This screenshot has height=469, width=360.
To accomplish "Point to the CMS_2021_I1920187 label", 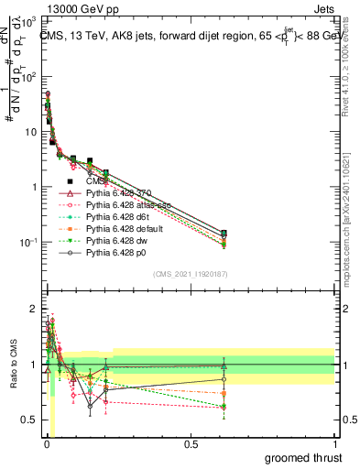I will (x=189, y=273).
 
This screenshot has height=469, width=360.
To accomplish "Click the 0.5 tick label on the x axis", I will (x=191, y=443).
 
